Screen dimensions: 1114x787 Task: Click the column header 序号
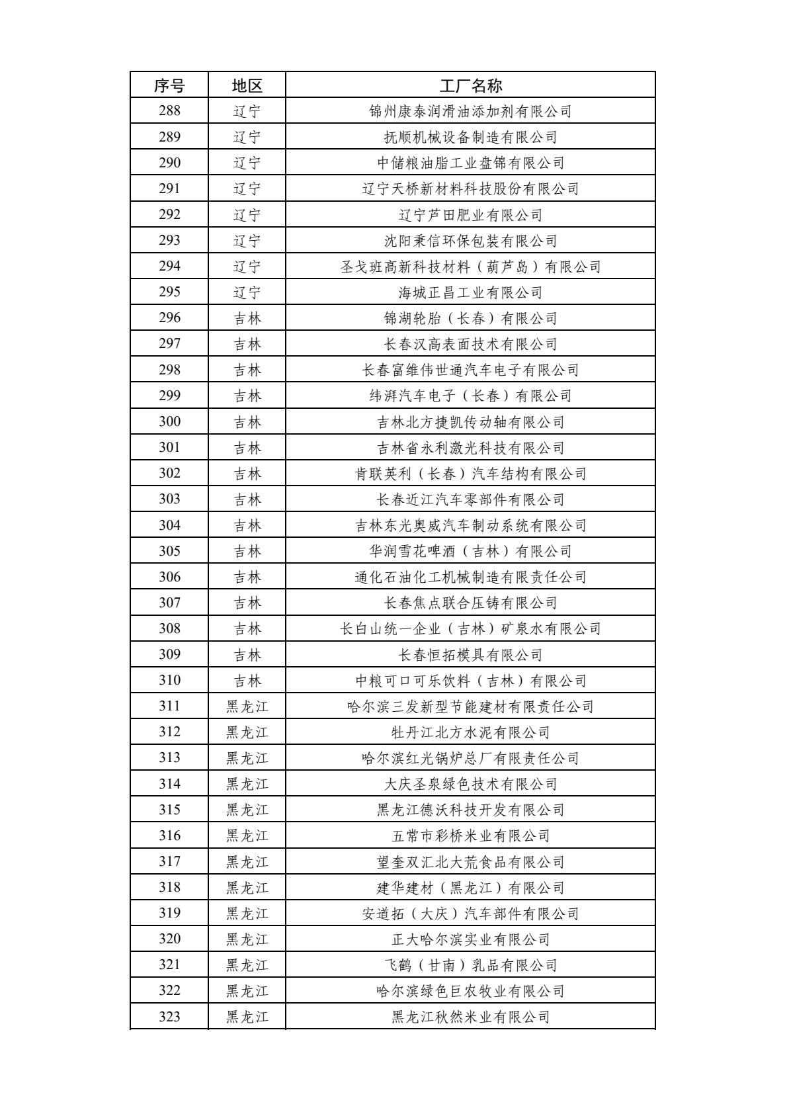(169, 85)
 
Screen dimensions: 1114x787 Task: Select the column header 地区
(247, 85)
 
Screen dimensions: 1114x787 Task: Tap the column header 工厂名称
(470, 85)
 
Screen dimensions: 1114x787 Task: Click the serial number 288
(169, 111)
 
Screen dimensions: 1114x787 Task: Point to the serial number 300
(169, 421)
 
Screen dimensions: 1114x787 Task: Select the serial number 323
(169, 1016)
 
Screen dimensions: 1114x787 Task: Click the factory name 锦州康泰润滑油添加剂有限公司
(470, 111)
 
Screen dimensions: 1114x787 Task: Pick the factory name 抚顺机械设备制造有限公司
(470, 137)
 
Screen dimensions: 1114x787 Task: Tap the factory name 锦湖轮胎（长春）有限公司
(470, 318)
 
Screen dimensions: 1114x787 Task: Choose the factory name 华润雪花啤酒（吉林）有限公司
(470, 551)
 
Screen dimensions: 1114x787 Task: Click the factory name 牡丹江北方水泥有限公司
(470, 732)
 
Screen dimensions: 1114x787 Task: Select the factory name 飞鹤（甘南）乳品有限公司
(470, 965)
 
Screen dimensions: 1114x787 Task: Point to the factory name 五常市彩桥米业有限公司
(470, 835)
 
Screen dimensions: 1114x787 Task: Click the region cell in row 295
(247, 292)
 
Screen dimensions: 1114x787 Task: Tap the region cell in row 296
(247, 318)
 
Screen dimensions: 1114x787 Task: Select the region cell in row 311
(247, 707)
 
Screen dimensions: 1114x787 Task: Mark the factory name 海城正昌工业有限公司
(470, 292)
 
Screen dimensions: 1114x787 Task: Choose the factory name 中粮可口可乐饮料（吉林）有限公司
(470, 681)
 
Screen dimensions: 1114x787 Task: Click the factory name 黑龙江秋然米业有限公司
(470, 1016)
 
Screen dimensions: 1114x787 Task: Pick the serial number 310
(169, 680)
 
